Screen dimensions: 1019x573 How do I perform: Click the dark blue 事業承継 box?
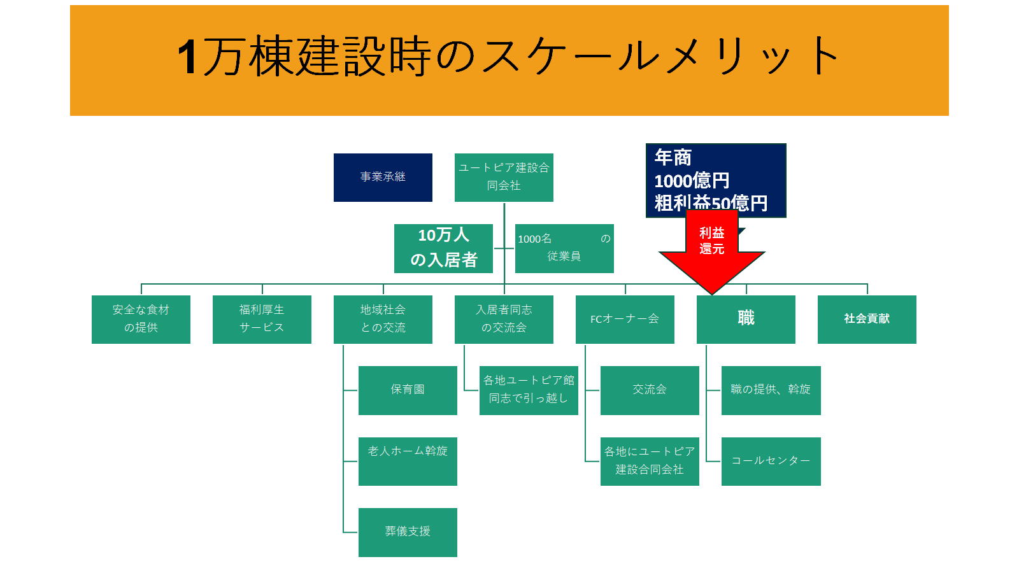(383, 178)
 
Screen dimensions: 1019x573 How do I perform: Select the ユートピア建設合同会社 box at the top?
(504, 178)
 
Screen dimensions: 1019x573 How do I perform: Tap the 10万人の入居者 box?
(443, 248)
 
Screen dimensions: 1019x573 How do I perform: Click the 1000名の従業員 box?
(564, 248)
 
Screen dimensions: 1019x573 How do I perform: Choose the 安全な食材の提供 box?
(141, 319)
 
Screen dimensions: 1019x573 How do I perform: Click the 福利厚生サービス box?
(262, 319)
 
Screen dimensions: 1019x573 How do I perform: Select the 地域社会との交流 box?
(383, 319)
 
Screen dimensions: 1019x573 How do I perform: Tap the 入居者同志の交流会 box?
(504, 319)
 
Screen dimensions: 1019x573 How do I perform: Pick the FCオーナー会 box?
(625, 319)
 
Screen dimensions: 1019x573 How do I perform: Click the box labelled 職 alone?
(746, 319)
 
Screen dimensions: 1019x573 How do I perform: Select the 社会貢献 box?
(867, 319)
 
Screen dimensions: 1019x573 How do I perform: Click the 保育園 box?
(408, 390)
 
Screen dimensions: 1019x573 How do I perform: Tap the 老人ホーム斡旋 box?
(408, 461)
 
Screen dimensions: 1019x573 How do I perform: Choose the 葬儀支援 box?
(408, 532)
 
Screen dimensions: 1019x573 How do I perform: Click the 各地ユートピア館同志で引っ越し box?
(529, 390)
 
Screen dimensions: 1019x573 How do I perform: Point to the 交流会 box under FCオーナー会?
(650, 390)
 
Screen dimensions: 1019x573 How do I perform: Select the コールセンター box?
(771, 461)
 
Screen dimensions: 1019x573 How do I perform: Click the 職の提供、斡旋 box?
(771, 390)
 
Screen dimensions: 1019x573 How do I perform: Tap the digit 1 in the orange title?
(187, 57)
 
